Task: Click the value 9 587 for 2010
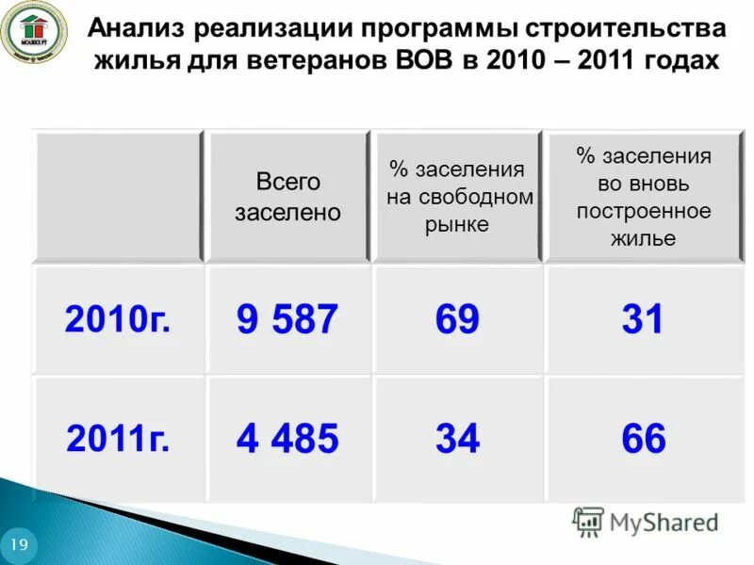click(287, 321)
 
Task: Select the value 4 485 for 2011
click(287, 439)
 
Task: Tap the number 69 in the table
click(457, 321)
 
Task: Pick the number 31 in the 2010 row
click(643, 321)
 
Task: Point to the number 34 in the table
click(457, 439)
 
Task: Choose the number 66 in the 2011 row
click(643, 439)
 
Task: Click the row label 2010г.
click(118, 321)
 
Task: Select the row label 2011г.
click(118, 439)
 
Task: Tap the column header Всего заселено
click(287, 197)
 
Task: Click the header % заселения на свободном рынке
click(457, 197)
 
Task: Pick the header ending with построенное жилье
click(643, 197)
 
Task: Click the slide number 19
click(19, 545)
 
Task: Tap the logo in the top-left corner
click(34, 35)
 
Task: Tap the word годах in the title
click(679, 61)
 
